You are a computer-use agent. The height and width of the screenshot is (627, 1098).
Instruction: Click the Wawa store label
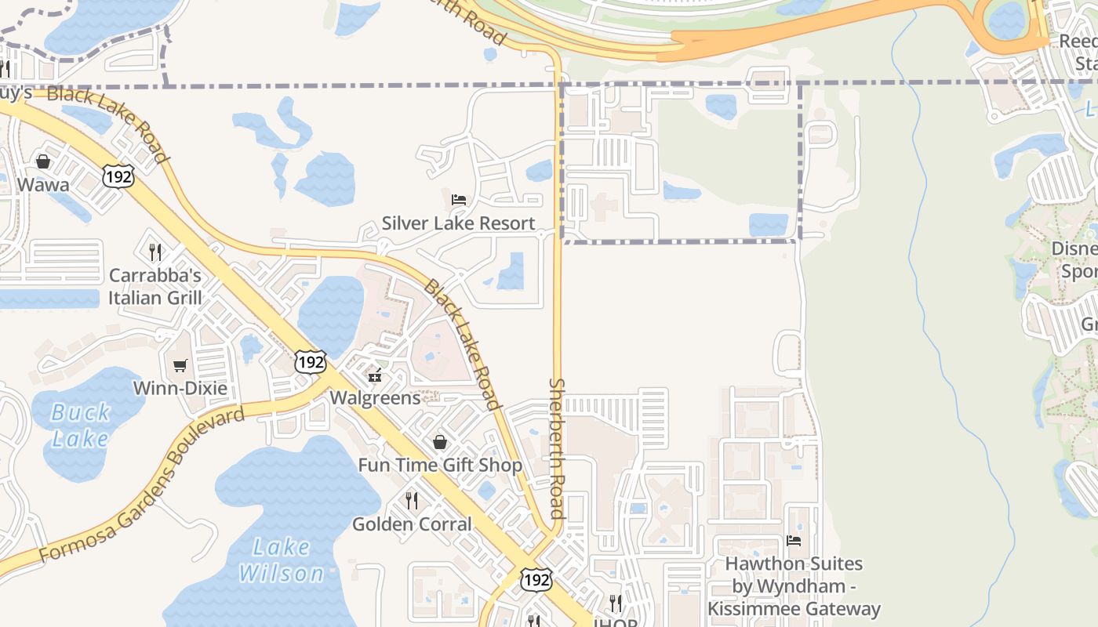pos(43,185)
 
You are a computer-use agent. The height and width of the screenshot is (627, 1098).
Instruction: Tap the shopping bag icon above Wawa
pos(43,161)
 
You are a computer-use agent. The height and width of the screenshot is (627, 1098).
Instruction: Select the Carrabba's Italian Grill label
pos(155,287)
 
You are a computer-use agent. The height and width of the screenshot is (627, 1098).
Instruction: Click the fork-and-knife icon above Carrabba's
pos(155,252)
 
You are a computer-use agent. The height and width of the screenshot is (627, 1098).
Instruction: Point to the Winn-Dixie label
pos(180,388)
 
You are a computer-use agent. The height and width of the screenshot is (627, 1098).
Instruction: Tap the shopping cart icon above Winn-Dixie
pos(180,365)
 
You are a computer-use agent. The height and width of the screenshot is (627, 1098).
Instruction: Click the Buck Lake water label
pos(80,425)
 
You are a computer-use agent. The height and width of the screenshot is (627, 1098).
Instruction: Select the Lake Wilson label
pos(281,560)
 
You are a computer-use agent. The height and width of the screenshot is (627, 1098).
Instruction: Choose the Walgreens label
pos(375,397)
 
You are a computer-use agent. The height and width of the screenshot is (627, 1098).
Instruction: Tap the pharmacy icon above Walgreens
pos(376,375)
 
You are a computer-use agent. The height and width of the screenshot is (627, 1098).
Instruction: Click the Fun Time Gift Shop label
pos(440,465)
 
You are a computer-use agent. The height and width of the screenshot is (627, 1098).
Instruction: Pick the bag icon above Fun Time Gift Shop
pos(440,443)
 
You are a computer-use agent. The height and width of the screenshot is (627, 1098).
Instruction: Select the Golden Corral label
pos(412,524)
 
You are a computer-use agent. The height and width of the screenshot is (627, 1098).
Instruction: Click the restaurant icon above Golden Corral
pos(412,500)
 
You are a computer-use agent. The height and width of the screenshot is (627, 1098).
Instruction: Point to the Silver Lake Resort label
pos(459,223)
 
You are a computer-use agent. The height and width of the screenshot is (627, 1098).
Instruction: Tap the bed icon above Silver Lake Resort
pos(459,200)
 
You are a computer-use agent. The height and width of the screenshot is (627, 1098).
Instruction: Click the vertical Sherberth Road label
pos(557,448)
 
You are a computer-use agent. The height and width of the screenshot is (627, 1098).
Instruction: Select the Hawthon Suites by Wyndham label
pos(794,586)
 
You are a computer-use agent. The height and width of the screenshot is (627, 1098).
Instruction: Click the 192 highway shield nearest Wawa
pos(118,176)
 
